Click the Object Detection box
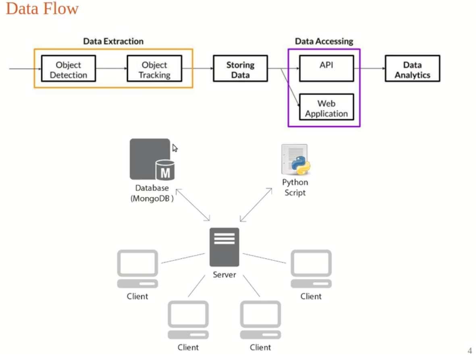coord(69,69)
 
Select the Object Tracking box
coord(154,69)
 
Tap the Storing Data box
coord(240,69)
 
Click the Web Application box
coord(326,108)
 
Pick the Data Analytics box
coord(412,69)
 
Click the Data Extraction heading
coord(113,41)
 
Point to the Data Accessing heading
coord(324,41)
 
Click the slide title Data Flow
coord(42,9)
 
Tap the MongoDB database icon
coord(152,159)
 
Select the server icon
coord(224,247)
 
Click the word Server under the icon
coord(224,275)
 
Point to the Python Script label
coord(295,187)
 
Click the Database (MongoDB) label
coord(152,193)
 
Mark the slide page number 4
coord(469,350)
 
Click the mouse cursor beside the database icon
coord(175,148)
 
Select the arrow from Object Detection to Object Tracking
coord(111,69)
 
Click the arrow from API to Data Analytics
coord(369,68)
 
